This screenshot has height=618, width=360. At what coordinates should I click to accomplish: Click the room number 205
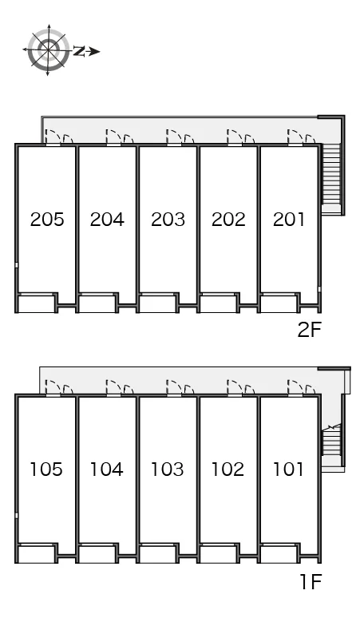47,220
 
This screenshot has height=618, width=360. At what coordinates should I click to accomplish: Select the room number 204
107,220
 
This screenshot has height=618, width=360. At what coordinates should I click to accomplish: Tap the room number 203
168,220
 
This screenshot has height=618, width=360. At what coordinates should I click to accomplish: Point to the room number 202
228,220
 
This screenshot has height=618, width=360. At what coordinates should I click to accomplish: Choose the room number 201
289,220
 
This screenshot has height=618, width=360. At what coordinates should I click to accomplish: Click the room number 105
46,469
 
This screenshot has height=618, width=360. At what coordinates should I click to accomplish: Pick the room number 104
107,469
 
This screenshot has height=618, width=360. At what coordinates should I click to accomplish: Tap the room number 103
168,469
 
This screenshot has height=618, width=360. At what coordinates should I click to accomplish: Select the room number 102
228,469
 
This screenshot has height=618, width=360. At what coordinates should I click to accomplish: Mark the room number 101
288,469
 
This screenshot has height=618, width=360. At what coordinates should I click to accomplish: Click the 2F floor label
310,330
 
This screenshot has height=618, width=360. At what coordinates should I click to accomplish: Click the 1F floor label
311,581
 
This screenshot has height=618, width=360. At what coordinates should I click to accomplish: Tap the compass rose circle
48,50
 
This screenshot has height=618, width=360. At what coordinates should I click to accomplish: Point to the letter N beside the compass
80,51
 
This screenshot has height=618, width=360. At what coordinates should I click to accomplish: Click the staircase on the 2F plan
330,173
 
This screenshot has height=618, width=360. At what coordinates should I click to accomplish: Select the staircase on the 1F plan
330,442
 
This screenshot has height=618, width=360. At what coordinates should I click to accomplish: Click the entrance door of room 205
53,137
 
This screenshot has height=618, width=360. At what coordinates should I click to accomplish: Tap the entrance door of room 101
295,387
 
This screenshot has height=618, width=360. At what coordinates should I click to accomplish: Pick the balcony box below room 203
157,303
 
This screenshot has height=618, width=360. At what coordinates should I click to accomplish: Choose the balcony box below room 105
37,554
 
